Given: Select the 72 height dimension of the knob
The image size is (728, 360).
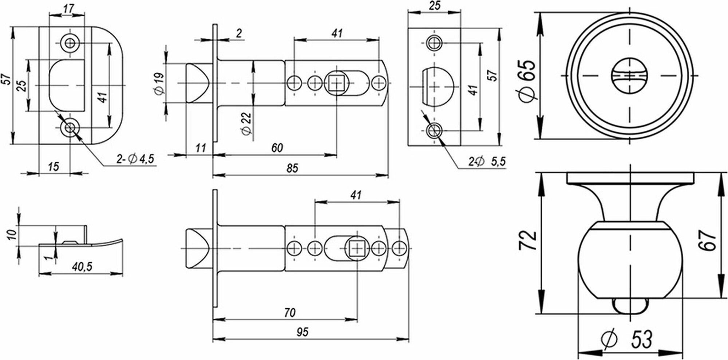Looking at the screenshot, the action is tap(529, 240).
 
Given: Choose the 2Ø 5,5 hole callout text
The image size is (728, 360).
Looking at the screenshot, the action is tap(487, 161).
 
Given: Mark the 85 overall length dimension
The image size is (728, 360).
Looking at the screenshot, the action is tap(292, 168).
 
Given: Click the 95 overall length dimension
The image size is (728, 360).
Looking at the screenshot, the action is tap(302, 332).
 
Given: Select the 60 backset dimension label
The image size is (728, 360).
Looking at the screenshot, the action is tap(277, 148).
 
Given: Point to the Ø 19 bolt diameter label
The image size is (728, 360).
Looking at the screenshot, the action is tap(159, 84).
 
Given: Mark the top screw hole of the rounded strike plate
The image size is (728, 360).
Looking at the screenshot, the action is tap(69, 43).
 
